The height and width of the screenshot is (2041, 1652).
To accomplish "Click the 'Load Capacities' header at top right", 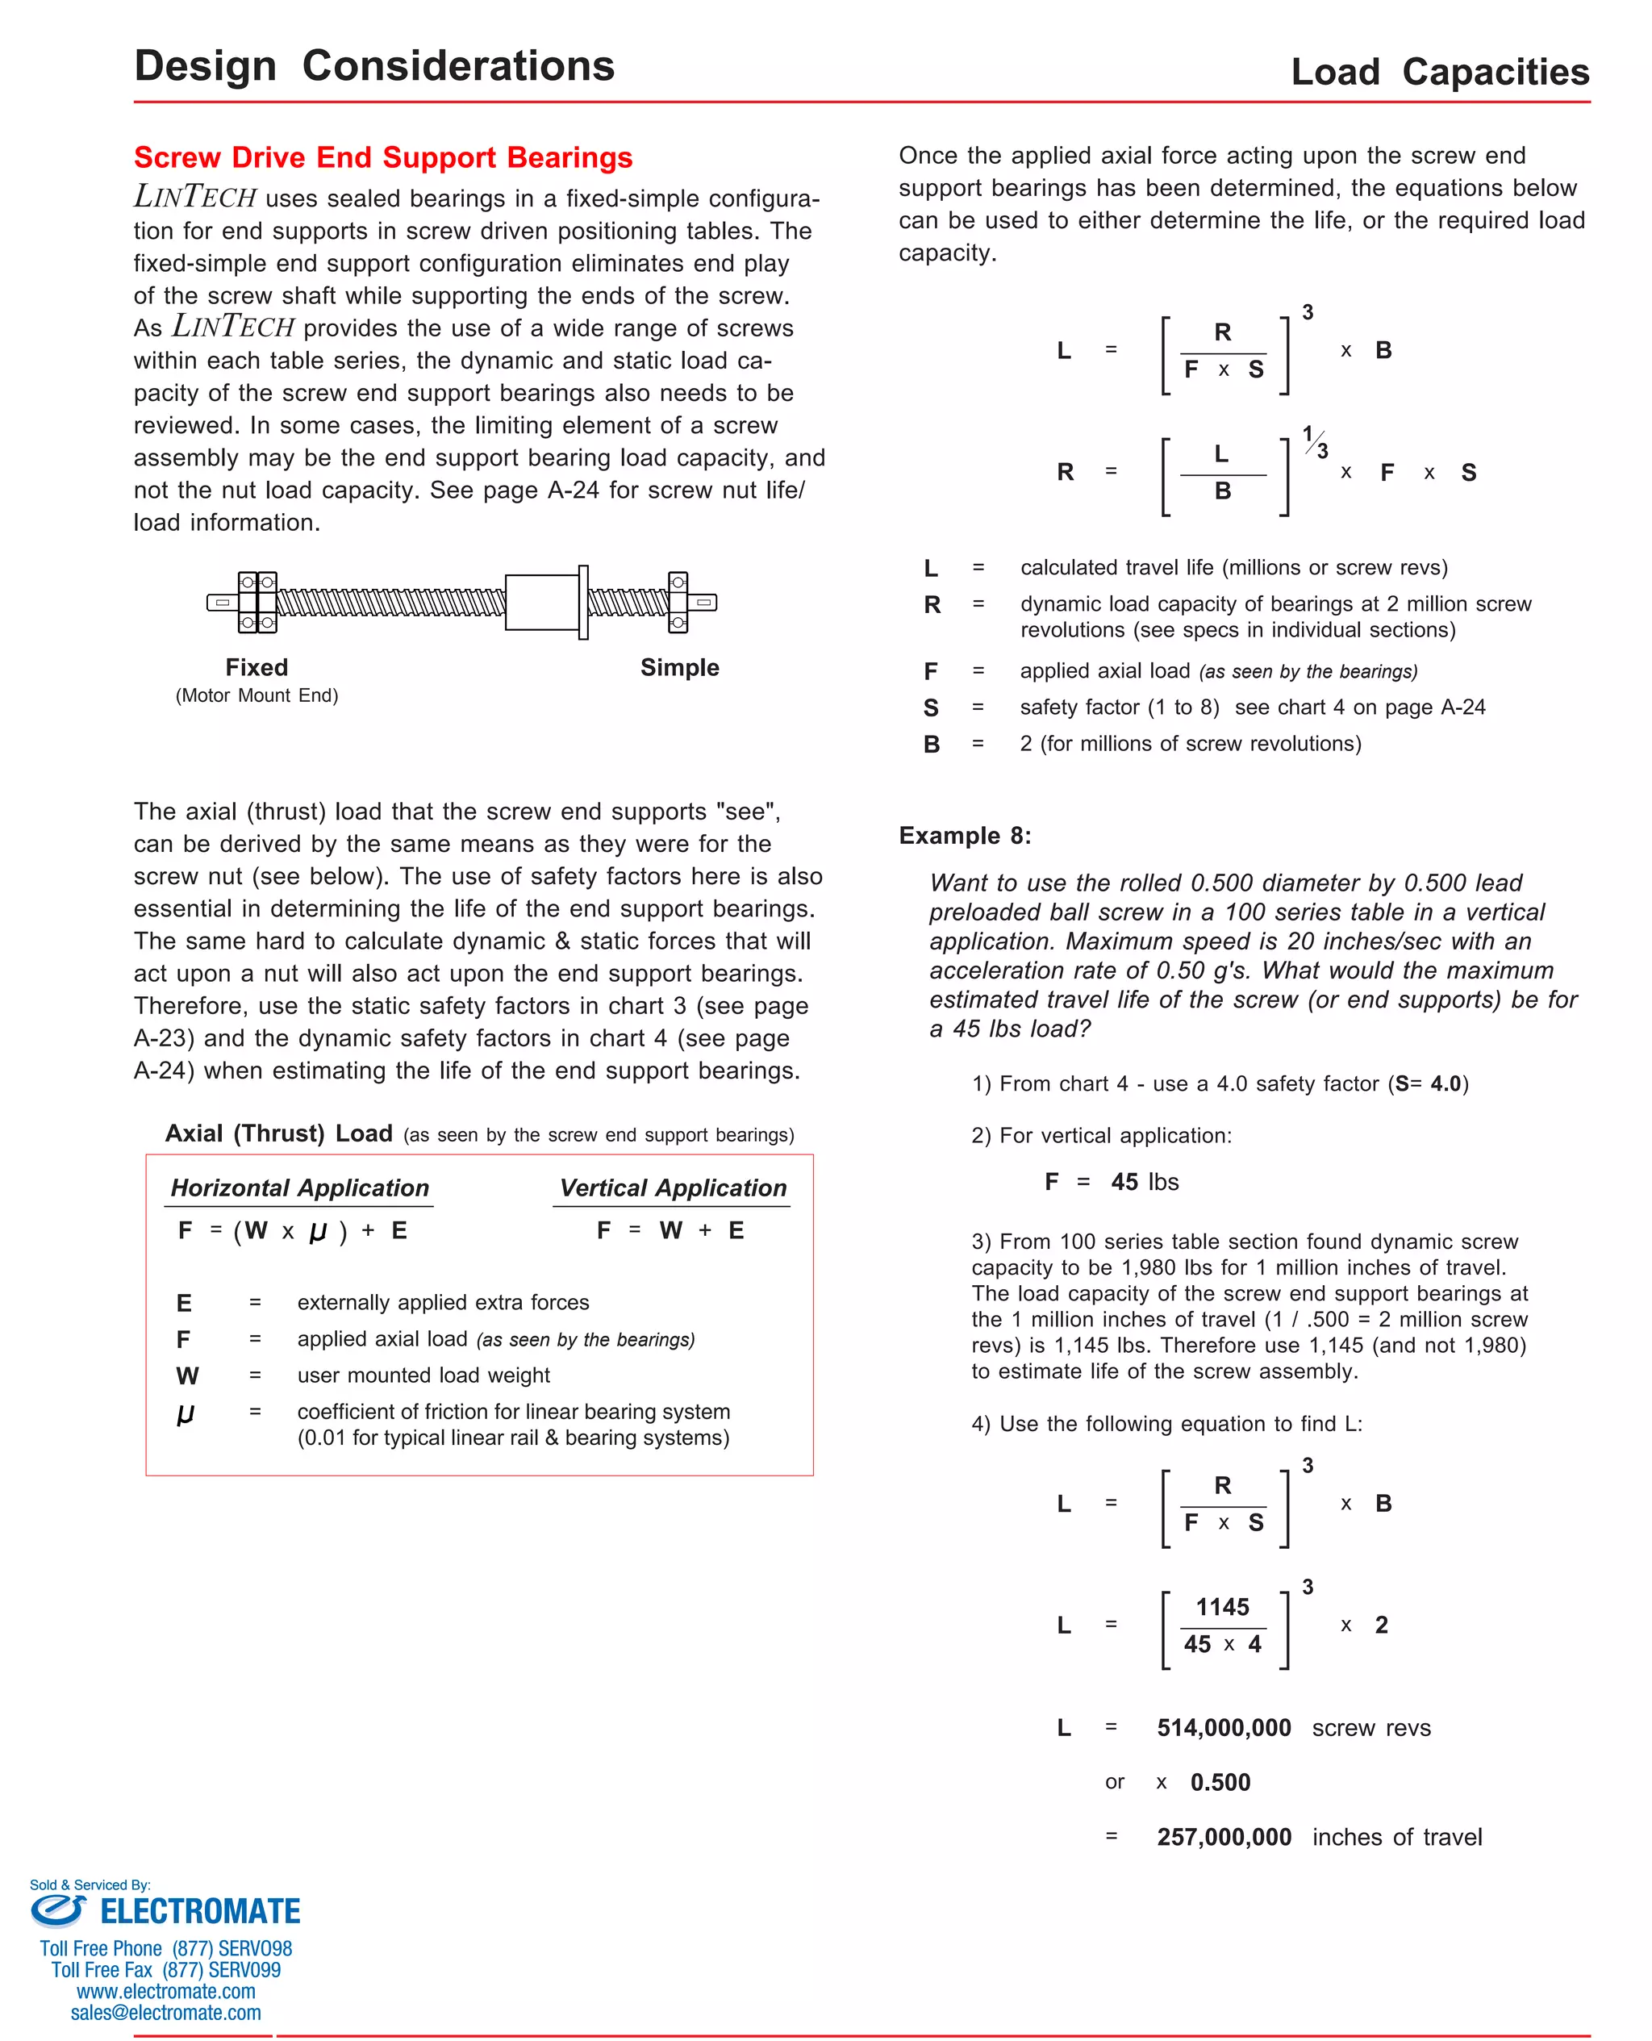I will [x=1439, y=73].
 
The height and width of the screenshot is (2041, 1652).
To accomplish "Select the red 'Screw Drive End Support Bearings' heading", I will [x=382, y=157].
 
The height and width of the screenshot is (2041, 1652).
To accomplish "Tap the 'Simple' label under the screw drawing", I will [x=678, y=667].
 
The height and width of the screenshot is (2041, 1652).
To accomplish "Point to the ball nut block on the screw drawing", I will [x=541, y=603].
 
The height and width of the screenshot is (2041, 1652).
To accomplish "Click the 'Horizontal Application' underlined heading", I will [x=300, y=1187].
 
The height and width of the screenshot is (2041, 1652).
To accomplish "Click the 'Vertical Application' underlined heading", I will [x=672, y=1187].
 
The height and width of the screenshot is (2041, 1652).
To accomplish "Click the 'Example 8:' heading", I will [x=964, y=836].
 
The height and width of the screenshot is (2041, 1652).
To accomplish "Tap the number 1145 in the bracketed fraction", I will [x=1222, y=1607].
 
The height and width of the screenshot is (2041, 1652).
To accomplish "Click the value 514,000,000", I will [x=1223, y=1728].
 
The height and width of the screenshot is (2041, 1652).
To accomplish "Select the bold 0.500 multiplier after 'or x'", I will [x=1220, y=1782].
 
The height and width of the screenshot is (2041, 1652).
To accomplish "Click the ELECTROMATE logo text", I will [x=200, y=1912].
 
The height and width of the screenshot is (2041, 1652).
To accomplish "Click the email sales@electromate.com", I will [x=165, y=2013].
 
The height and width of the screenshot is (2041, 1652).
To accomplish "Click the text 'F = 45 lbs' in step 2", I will [x=1111, y=1182].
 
